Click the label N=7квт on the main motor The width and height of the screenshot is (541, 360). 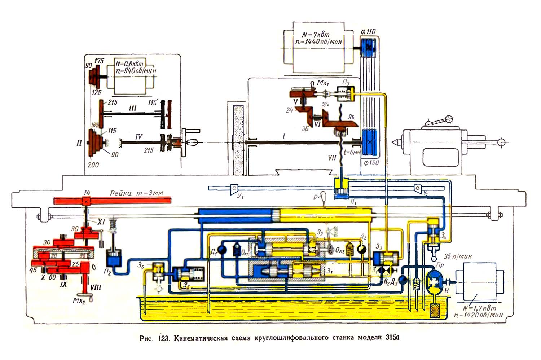(x=316, y=35)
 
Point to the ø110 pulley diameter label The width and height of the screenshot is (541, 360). (x=368, y=32)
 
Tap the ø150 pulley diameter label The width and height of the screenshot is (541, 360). (x=371, y=163)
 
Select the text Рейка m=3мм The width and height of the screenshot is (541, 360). (x=136, y=193)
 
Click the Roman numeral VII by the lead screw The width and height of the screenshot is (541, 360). (x=332, y=158)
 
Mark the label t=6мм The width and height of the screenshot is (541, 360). (x=352, y=152)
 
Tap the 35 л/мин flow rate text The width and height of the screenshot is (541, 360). (x=458, y=256)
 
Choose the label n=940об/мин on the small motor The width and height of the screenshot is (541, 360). (x=136, y=71)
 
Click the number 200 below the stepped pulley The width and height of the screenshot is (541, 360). (x=93, y=165)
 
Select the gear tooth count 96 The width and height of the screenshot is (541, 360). (x=351, y=117)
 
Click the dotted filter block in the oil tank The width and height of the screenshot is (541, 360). (x=436, y=311)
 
